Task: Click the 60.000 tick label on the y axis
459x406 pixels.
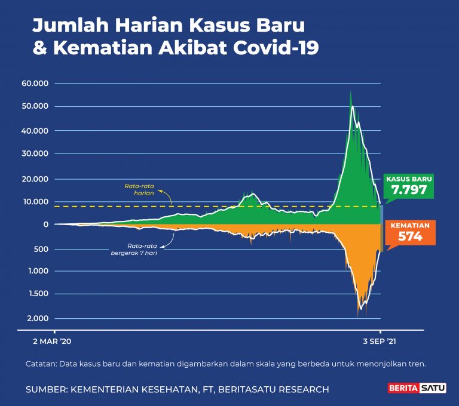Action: (x=35, y=83)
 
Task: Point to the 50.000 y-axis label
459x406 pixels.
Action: (x=35, y=106)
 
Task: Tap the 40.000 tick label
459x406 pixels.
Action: (x=35, y=130)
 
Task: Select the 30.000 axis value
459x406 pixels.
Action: (x=35, y=153)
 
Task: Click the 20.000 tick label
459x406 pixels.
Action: (x=35, y=179)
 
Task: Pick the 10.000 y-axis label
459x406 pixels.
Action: (x=35, y=201)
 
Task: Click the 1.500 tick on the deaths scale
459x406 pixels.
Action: (x=38, y=294)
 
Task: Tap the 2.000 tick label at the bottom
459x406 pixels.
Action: (x=38, y=318)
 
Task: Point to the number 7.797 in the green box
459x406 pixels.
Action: (x=409, y=190)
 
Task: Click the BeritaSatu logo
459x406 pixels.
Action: (x=412, y=389)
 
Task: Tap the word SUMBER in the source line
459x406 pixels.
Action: (x=46, y=389)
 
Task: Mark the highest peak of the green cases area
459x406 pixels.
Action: (x=350, y=91)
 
